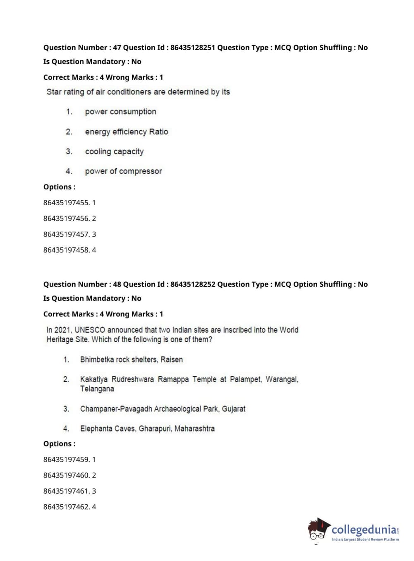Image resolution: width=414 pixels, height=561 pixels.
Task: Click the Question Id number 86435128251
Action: point(192,48)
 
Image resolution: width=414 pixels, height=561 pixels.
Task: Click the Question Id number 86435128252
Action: point(192,284)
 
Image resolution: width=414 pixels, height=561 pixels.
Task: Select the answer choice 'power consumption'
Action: point(120,112)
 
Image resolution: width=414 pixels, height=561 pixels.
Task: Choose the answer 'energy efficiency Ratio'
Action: point(126,132)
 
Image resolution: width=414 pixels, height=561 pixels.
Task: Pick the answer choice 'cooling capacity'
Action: point(114,151)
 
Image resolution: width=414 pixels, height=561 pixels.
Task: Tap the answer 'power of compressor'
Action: point(123,171)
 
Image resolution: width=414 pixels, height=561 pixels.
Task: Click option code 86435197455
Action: point(66,203)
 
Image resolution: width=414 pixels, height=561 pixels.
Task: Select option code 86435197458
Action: point(66,250)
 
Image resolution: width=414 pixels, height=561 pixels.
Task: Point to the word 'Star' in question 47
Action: point(54,92)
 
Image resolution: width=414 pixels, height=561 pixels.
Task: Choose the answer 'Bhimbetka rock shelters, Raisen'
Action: point(131,360)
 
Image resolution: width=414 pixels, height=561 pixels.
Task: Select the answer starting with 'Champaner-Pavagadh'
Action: point(163,409)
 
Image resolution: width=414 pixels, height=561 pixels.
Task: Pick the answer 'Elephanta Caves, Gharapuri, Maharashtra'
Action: point(147,429)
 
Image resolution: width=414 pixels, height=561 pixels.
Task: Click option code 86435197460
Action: point(66,475)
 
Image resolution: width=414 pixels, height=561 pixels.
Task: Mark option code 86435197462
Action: point(66,507)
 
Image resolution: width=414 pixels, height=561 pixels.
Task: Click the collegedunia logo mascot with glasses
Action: point(318,529)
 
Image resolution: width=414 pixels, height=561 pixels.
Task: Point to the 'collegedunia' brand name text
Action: point(364,530)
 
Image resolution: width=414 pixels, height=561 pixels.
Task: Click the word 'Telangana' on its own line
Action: point(97,389)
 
